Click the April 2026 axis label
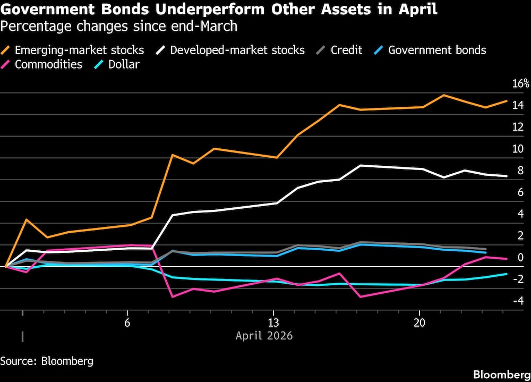click(x=264, y=336)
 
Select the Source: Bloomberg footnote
click(x=47, y=361)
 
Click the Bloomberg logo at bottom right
click(x=500, y=373)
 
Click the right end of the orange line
click(x=507, y=101)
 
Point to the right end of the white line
click(x=507, y=176)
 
